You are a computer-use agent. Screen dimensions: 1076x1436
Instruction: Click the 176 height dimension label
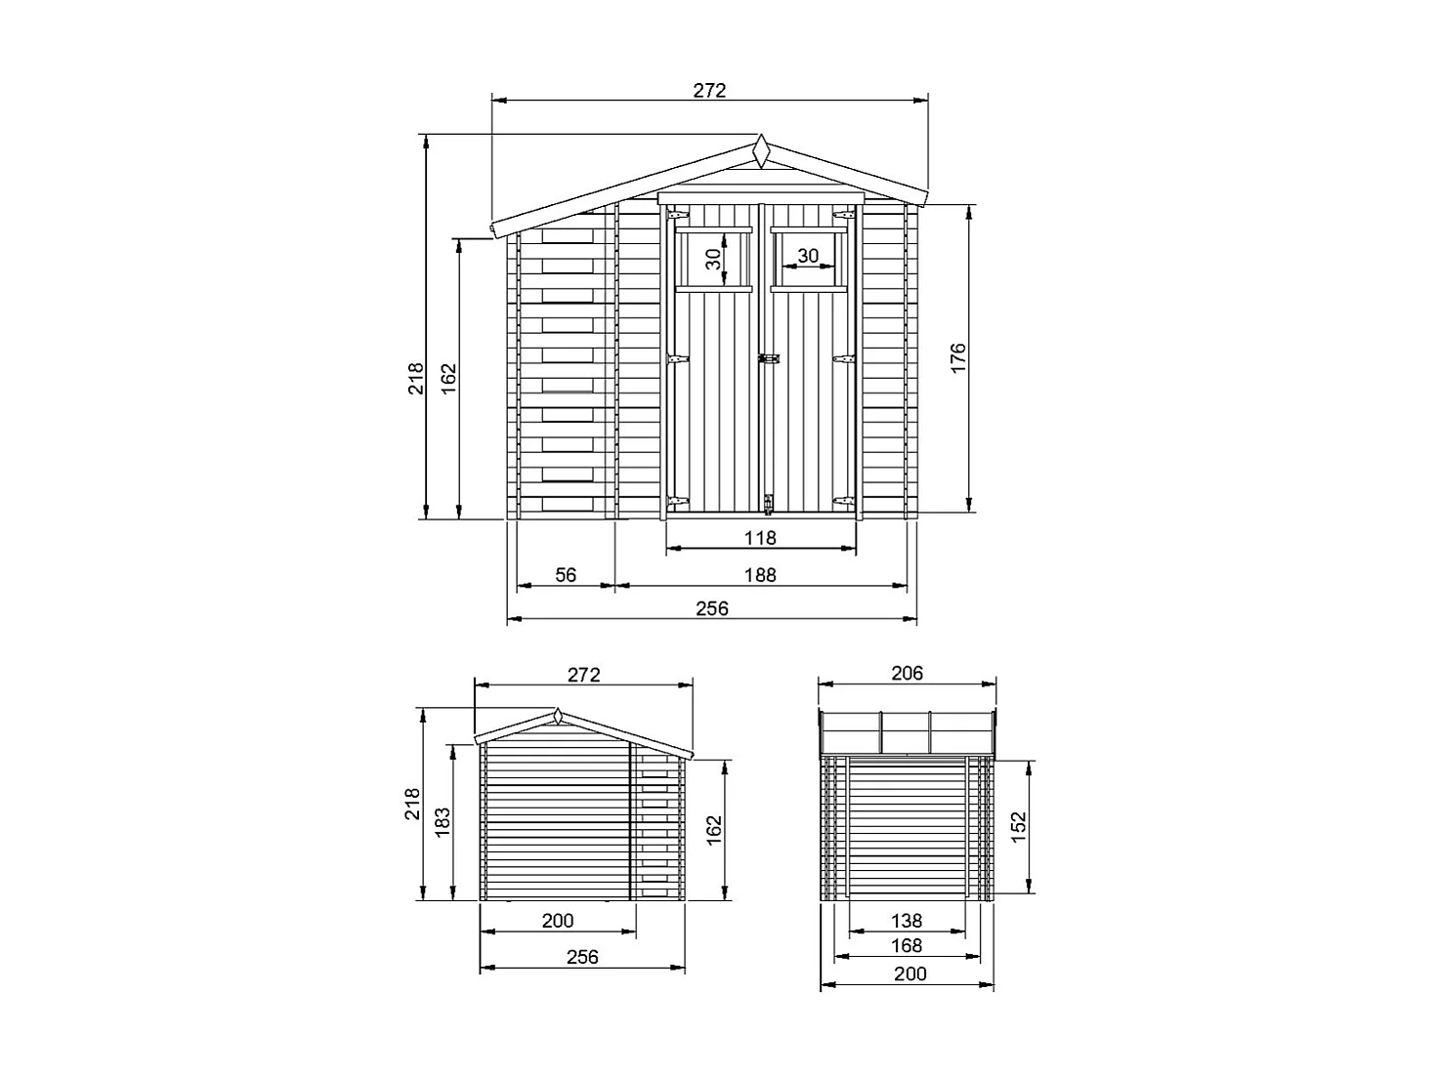click(x=957, y=357)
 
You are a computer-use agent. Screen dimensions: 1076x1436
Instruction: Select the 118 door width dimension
click(x=760, y=537)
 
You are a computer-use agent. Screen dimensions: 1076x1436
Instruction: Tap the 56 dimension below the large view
click(x=566, y=575)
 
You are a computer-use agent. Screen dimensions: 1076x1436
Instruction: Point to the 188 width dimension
click(x=760, y=575)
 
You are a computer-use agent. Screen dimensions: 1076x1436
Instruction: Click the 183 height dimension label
click(x=443, y=822)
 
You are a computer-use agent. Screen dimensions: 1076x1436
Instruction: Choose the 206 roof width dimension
click(x=907, y=673)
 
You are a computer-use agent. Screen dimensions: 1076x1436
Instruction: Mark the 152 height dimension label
click(x=1019, y=827)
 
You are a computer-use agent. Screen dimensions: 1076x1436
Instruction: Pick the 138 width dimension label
click(x=907, y=920)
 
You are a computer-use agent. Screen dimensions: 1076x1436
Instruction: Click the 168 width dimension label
click(x=907, y=945)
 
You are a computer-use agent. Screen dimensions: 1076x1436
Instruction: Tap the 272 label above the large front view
click(x=710, y=90)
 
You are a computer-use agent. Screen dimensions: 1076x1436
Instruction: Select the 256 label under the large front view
click(x=712, y=608)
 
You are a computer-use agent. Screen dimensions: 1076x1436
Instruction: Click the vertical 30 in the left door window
click(x=714, y=260)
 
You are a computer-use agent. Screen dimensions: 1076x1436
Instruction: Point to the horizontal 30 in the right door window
click(x=807, y=256)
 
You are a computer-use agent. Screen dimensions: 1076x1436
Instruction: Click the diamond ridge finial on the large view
click(x=760, y=152)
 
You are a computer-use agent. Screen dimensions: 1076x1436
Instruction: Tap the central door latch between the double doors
click(x=770, y=359)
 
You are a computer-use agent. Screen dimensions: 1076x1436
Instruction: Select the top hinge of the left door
click(x=678, y=215)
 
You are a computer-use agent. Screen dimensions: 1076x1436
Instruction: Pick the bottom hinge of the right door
click(x=842, y=501)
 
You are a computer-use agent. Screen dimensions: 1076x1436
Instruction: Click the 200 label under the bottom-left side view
click(x=558, y=920)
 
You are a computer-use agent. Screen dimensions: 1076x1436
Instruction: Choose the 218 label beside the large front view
click(x=416, y=379)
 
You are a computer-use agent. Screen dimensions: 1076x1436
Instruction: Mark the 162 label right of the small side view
click(x=714, y=830)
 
